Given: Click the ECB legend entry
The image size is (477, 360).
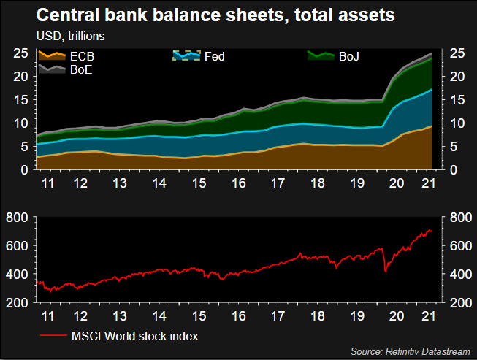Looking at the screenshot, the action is (x=66, y=56).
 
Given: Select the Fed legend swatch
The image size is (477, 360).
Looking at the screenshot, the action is (x=186, y=55).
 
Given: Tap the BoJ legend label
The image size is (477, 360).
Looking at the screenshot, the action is (x=349, y=56).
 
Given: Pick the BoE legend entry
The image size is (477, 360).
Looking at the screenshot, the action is (x=66, y=69).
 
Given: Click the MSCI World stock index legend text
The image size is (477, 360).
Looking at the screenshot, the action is (x=134, y=337).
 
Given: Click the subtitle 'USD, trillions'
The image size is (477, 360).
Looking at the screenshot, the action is (x=71, y=37).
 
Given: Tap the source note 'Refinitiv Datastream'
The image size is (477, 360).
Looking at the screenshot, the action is (x=428, y=351).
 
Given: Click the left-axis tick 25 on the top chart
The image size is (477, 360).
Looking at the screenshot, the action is (x=20, y=53).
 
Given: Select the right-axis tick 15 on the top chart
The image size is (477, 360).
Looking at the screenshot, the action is (x=457, y=100).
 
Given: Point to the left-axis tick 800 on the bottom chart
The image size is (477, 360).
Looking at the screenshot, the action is (x=17, y=218).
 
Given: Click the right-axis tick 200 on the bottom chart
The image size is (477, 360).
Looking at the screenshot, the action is (x=461, y=303).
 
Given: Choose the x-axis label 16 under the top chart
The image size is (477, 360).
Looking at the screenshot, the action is (x=239, y=183).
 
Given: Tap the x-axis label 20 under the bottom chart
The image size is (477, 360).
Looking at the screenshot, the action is (x=397, y=316).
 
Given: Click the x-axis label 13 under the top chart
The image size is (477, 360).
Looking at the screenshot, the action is (x=120, y=183).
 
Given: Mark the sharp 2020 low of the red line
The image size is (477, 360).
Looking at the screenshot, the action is (x=386, y=272).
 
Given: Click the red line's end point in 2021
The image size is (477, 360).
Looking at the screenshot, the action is (x=432, y=231).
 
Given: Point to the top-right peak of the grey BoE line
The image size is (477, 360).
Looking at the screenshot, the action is (x=432, y=53).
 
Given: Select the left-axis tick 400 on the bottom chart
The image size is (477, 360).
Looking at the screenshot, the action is (x=17, y=275).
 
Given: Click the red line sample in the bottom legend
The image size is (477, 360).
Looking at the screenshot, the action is (x=53, y=336).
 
